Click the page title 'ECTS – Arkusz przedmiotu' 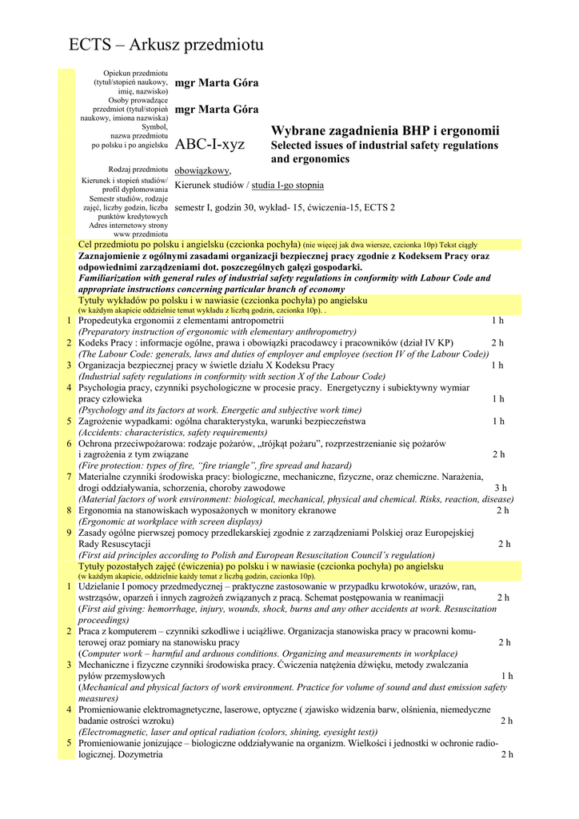166,46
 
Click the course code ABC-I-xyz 210,145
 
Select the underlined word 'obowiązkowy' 202,170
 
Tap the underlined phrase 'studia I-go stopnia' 288,186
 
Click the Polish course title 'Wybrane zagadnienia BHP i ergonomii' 385,131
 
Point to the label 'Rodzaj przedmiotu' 138,170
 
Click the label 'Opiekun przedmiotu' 135,74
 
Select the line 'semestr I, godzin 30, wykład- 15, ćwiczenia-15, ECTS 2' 284,207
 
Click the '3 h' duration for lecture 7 500,488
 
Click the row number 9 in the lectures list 70,533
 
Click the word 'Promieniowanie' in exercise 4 114,709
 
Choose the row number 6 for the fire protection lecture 70,443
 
